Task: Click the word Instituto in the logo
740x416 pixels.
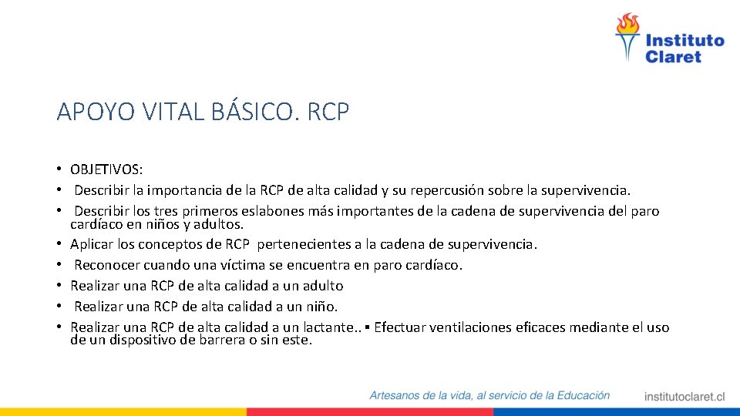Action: click(684, 41)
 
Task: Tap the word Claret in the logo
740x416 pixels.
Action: click(673, 57)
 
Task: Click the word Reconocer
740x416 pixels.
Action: click(106, 265)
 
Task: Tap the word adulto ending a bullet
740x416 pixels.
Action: click(322, 286)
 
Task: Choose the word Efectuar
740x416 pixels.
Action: click(402, 327)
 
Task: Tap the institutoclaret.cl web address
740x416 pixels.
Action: click(684, 397)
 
